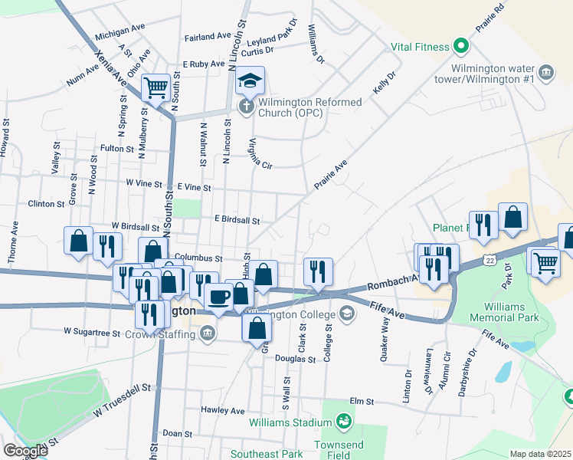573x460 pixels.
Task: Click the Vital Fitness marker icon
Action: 461,47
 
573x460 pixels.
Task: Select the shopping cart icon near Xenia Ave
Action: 156,87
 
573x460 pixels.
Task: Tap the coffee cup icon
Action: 218,297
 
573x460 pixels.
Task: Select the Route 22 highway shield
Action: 490,261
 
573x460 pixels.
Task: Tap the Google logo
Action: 25,451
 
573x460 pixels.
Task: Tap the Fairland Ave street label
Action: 208,36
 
